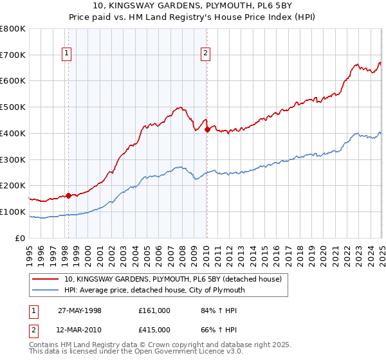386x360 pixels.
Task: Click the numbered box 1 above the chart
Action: coord(67,54)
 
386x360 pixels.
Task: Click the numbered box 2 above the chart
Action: coord(205,54)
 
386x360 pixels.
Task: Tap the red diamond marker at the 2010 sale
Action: coord(207,129)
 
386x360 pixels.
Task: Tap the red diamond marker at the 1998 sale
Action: coord(69,195)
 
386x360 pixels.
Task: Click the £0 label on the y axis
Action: coord(21,238)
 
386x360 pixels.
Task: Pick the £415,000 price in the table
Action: coord(154,330)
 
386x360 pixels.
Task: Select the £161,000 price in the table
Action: coord(154,310)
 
